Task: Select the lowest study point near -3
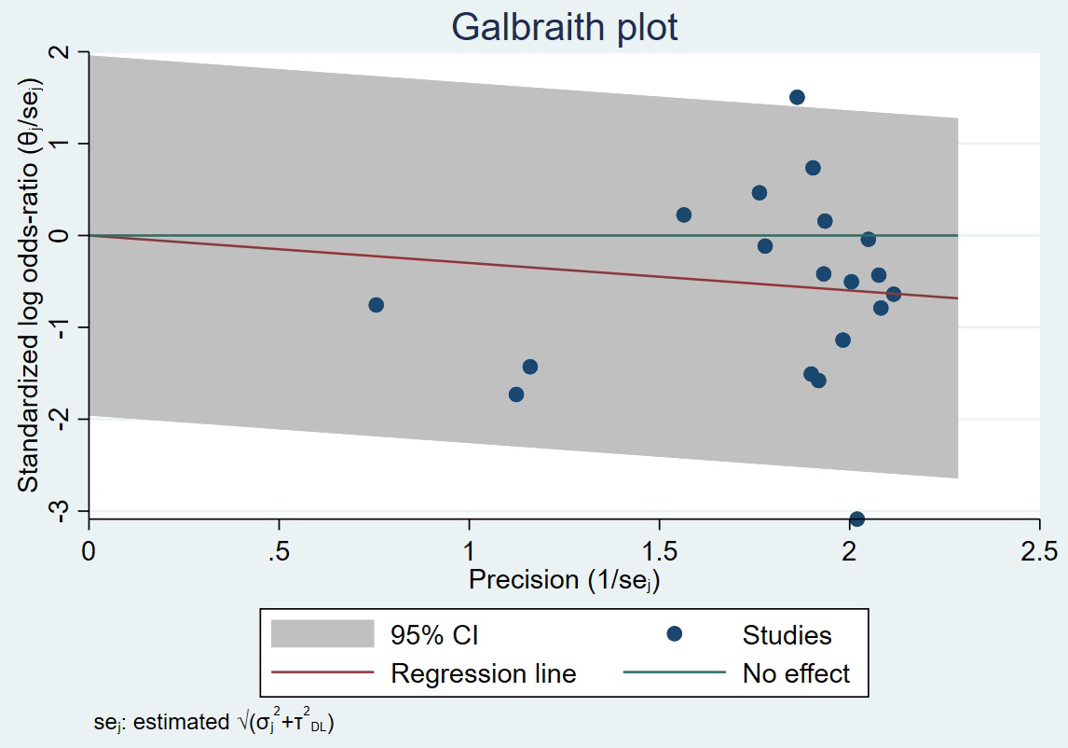856,519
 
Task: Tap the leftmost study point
376,305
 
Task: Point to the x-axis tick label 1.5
659,552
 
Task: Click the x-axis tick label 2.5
1038,552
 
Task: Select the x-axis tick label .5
279,552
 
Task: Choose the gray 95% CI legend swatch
322,634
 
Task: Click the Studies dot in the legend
675,634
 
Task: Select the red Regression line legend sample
322,672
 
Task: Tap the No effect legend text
796,672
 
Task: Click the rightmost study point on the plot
893,294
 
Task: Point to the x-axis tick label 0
89,552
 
